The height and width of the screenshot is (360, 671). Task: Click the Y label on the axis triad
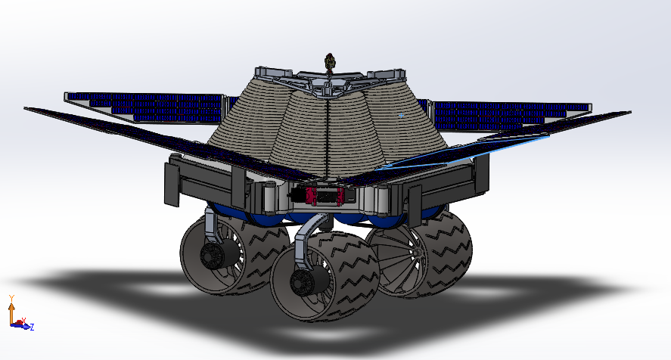tap(11, 297)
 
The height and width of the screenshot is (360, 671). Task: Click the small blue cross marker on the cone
tap(401, 115)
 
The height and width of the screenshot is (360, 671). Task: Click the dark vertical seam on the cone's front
tap(329, 136)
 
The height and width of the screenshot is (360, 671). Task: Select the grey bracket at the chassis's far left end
tap(172, 182)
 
